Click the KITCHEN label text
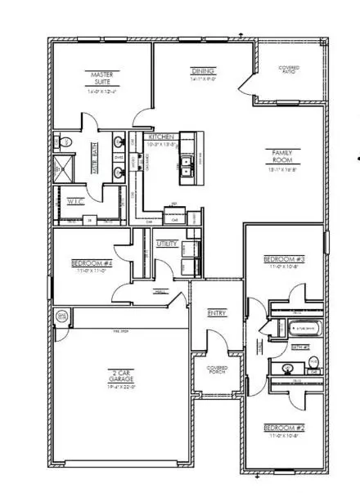coord(160,137)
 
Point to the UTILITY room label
coord(168,244)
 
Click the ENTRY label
coord(217,312)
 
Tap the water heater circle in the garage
coord(61,316)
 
